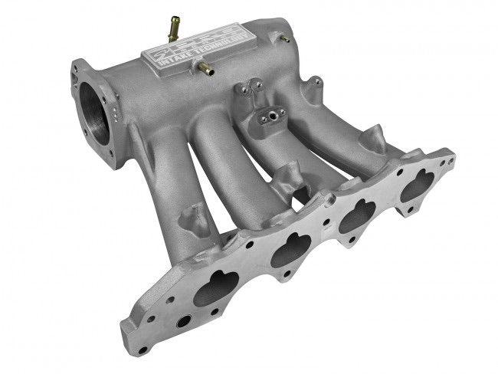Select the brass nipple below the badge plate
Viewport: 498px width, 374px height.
coord(205,69)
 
